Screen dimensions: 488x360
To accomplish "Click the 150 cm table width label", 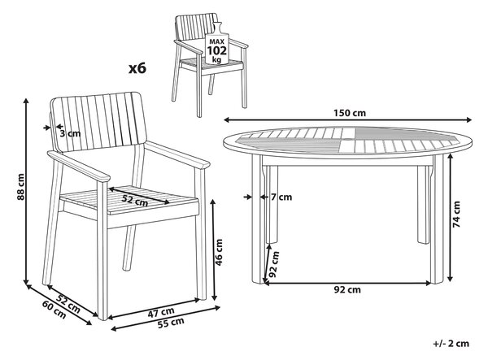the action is click(x=350, y=113).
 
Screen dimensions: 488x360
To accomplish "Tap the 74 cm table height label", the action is click(x=456, y=215).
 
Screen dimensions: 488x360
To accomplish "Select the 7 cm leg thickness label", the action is click(x=281, y=197).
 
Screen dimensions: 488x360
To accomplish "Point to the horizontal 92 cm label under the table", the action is click(x=347, y=290).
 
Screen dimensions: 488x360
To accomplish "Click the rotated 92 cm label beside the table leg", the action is click(x=274, y=264).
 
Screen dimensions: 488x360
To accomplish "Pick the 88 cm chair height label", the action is click(x=20, y=187).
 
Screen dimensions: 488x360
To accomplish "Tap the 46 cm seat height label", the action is click(x=219, y=252).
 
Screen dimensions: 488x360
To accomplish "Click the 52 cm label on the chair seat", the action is click(x=134, y=201).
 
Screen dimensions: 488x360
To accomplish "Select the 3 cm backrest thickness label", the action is click(x=70, y=133).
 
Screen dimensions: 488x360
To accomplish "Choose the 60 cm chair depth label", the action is click(x=54, y=310).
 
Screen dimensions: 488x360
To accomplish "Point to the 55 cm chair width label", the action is click(x=171, y=323).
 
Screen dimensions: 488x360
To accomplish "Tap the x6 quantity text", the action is click(x=137, y=68).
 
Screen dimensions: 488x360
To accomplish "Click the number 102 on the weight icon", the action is click(x=217, y=50).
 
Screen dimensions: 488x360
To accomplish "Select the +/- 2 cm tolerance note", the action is click(x=451, y=344).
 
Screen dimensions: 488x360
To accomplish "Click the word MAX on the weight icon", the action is click(x=217, y=41).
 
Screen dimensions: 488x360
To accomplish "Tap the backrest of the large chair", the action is click(x=98, y=122).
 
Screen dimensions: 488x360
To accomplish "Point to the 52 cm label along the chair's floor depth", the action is click(x=68, y=303).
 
